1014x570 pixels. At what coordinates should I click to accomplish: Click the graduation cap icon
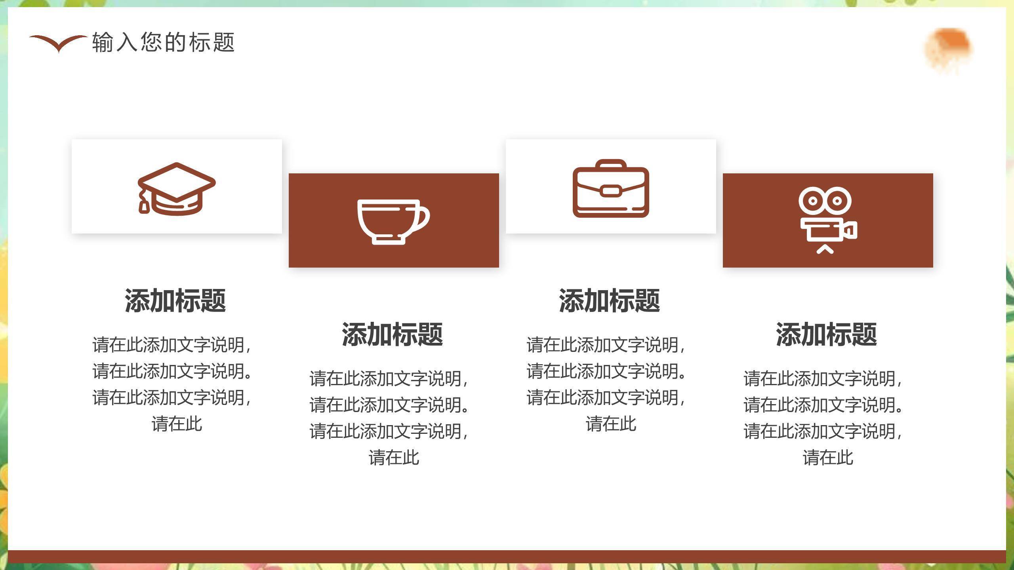176,188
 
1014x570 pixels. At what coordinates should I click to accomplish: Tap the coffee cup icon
393,222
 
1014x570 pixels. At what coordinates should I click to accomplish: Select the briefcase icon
611,188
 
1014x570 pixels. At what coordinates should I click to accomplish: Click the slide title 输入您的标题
163,42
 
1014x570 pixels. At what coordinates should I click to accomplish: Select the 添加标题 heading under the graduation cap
175,301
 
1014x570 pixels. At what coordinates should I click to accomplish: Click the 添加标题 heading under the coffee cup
393,334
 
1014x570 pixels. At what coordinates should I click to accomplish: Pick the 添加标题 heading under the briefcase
610,301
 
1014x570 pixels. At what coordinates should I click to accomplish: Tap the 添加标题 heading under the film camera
827,334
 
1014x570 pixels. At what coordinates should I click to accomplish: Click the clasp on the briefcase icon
611,191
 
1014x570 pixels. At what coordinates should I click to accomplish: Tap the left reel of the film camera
812,201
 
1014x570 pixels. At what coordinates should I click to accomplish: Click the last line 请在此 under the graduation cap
177,424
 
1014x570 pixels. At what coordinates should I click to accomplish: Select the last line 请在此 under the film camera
828,458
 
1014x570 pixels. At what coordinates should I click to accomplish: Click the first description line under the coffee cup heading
389,379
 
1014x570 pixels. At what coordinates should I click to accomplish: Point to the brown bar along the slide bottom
507,557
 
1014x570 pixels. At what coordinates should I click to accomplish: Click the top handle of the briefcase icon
611,164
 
